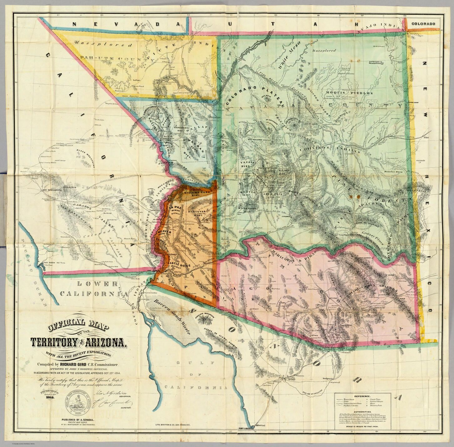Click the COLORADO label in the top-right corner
click(423, 24)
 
